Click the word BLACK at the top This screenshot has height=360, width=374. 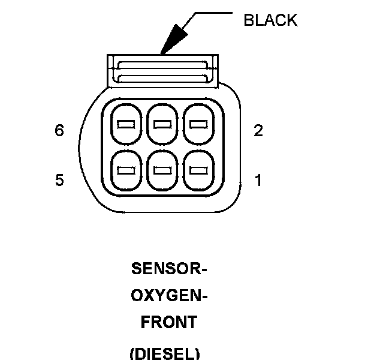pos(270,20)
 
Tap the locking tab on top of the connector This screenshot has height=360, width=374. pos(162,70)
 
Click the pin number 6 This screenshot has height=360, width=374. pos(59,130)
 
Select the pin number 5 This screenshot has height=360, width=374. pos(59,180)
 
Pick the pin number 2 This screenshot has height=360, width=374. pos(258,130)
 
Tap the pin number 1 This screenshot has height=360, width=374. pos(258,180)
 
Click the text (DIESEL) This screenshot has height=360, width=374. pos(164,353)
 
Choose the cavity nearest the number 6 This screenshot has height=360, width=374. pos(125,124)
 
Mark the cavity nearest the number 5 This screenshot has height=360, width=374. pos(125,170)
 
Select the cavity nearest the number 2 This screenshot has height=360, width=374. pos(198,124)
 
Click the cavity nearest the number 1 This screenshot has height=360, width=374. pos(198,170)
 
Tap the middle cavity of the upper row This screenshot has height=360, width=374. pos(162,124)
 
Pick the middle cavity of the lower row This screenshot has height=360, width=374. pos(162,170)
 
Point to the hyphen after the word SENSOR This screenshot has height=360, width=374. pos(204,269)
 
